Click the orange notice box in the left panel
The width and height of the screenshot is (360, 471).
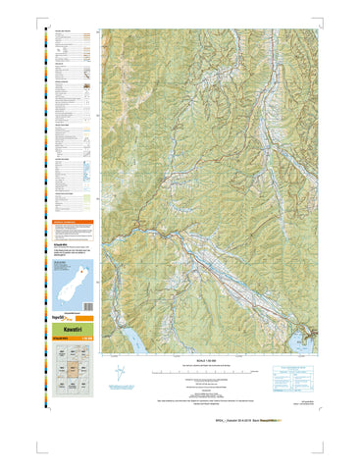click(73, 223)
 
